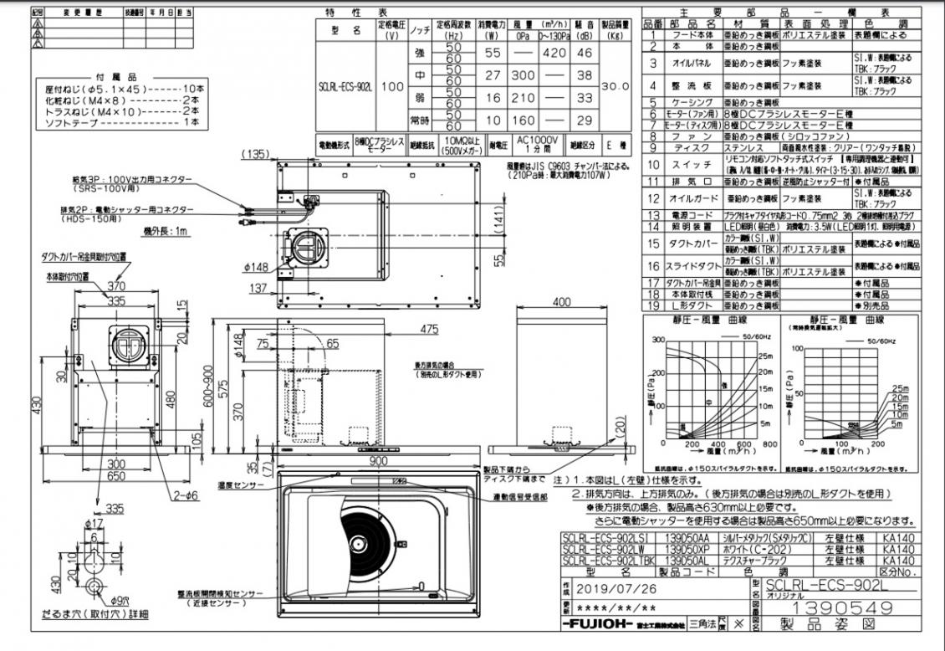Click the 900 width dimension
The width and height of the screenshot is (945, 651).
point(379,462)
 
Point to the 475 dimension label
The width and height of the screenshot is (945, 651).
point(429,329)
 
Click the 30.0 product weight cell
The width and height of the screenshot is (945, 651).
point(615,85)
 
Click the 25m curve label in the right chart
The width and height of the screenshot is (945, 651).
point(900,388)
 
